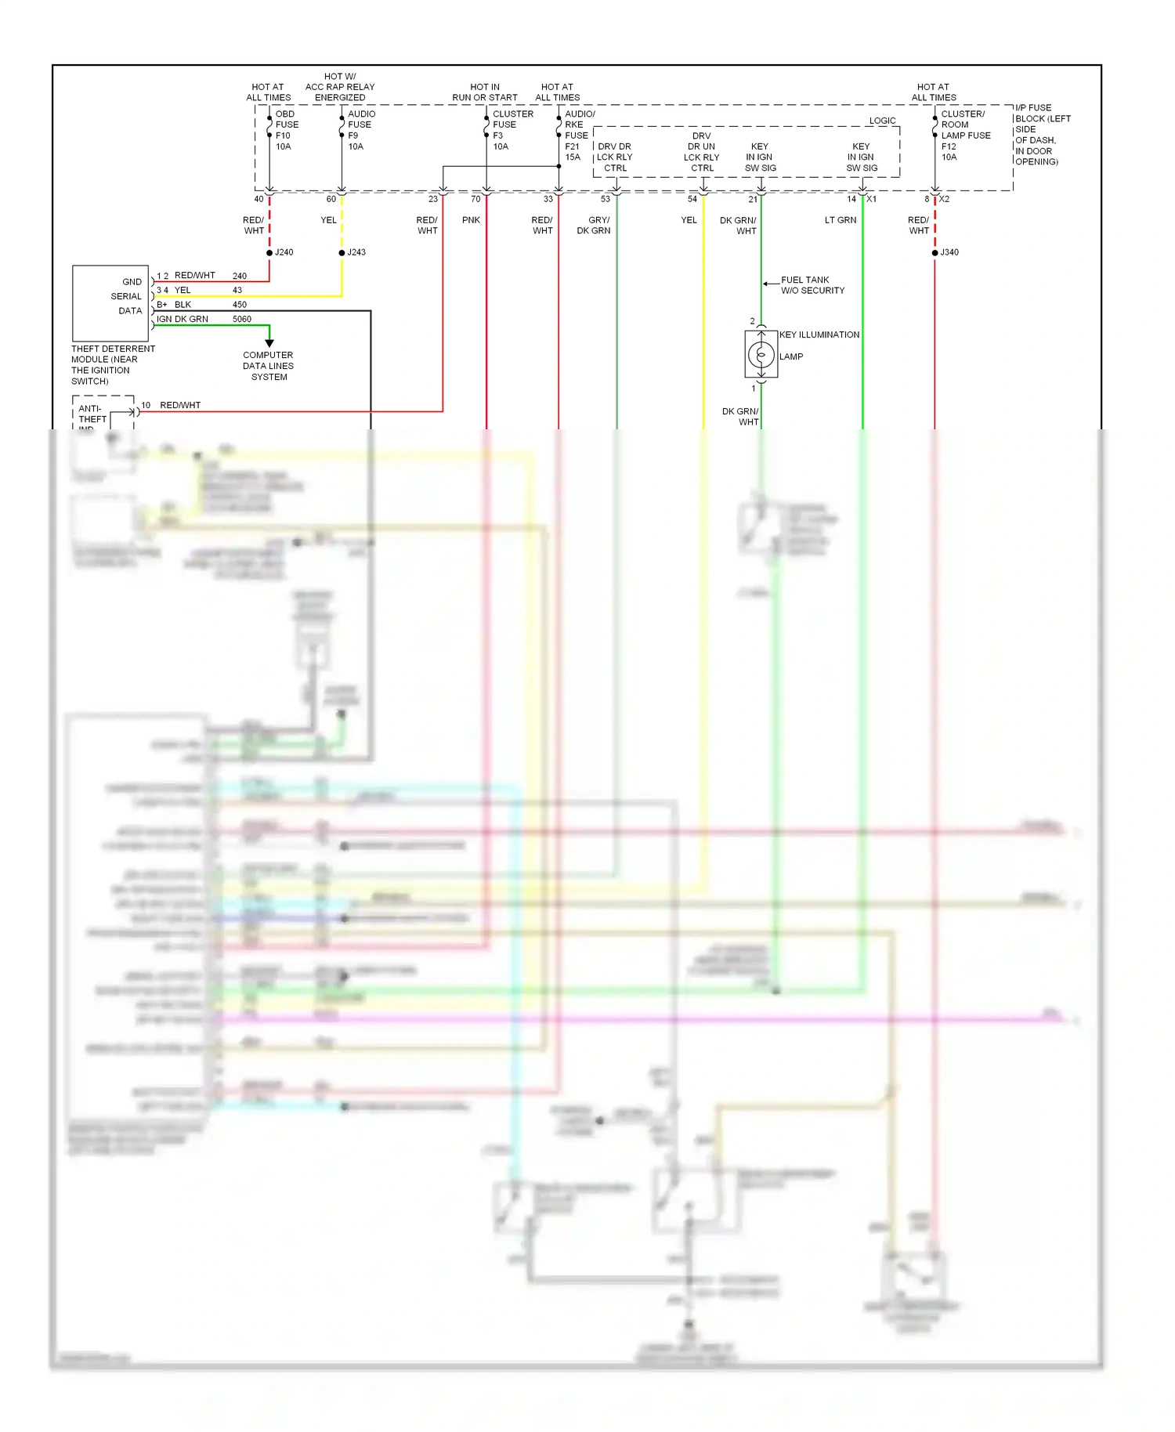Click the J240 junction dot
[269, 252]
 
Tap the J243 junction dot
[342, 252]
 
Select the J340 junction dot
[935, 252]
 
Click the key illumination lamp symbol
[761, 356]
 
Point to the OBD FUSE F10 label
[286, 130]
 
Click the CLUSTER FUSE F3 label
[512, 130]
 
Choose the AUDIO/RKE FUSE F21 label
[579, 136]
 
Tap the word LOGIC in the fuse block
[882, 121]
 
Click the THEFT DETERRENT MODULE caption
[112, 365]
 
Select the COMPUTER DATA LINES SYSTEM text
[269, 366]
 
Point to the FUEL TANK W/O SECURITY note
[812, 285]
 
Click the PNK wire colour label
[471, 220]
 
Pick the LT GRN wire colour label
[840, 220]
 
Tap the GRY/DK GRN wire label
[594, 226]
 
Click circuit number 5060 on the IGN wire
[242, 319]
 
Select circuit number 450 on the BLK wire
[240, 305]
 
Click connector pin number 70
[475, 199]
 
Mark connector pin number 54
[692, 199]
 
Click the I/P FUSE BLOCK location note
[1042, 135]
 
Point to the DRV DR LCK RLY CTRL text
[615, 157]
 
